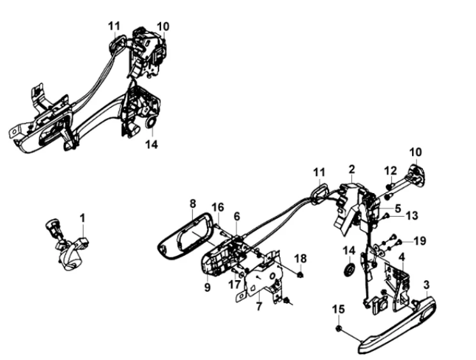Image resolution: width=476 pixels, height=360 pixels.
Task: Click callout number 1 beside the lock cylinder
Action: point(82,218)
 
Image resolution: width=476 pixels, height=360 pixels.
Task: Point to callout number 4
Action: point(401,257)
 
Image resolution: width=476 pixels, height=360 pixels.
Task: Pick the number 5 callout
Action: point(397,208)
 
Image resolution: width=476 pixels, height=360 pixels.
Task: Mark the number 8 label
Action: point(192,204)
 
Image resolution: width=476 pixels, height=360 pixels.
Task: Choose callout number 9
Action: point(208,288)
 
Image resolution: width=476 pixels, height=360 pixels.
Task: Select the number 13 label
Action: point(411,216)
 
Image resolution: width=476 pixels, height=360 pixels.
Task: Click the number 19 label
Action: point(418,241)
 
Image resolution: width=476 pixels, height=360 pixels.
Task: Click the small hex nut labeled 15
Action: point(339,329)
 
